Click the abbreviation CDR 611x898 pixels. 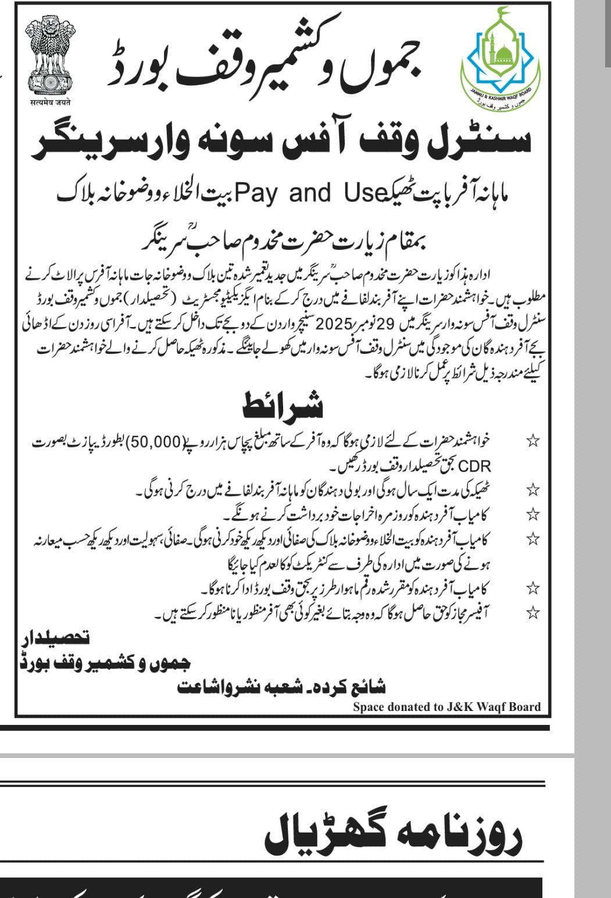click(x=476, y=465)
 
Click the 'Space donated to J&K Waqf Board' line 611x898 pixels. click(x=446, y=707)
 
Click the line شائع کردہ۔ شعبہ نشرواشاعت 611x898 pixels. click(x=281, y=687)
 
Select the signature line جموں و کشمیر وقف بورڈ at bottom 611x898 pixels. click(x=105, y=662)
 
